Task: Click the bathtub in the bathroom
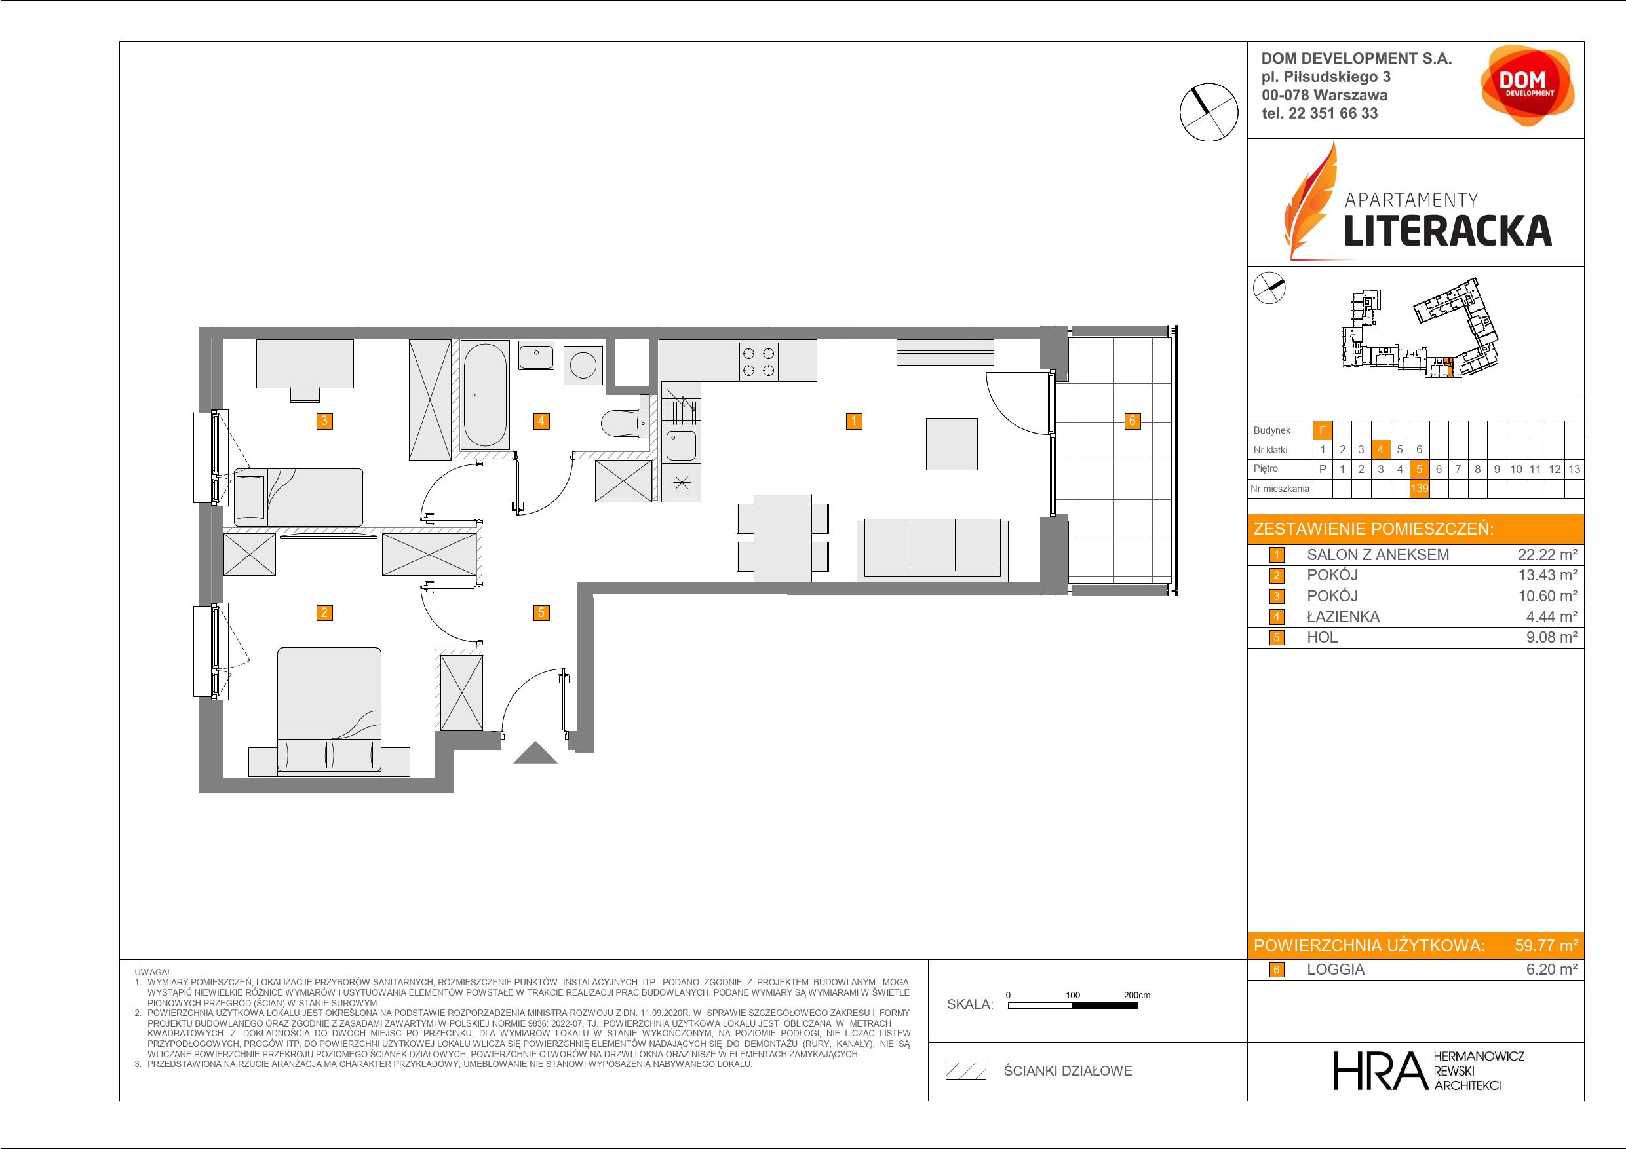pos(484,394)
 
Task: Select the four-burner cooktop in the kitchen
pos(758,360)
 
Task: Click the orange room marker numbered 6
pos(1132,421)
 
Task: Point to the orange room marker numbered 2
pos(324,612)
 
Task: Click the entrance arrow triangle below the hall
pos(535,752)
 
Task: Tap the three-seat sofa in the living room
pos(933,550)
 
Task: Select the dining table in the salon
pos(783,538)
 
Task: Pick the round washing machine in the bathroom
pos(583,366)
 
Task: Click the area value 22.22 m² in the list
pos(1547,555)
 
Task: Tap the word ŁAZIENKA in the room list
pos(1343,617)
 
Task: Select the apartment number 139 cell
pos(1418,489)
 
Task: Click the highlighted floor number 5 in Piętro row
pos(1418,468)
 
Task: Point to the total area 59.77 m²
pos(1546,945)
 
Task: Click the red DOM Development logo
pos(1528,86)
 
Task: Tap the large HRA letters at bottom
pos(1379,1071)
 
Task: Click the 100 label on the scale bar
pos(1073,995)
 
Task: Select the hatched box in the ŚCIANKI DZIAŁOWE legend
pos(966,1071)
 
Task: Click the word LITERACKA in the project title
pos(1448,231)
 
